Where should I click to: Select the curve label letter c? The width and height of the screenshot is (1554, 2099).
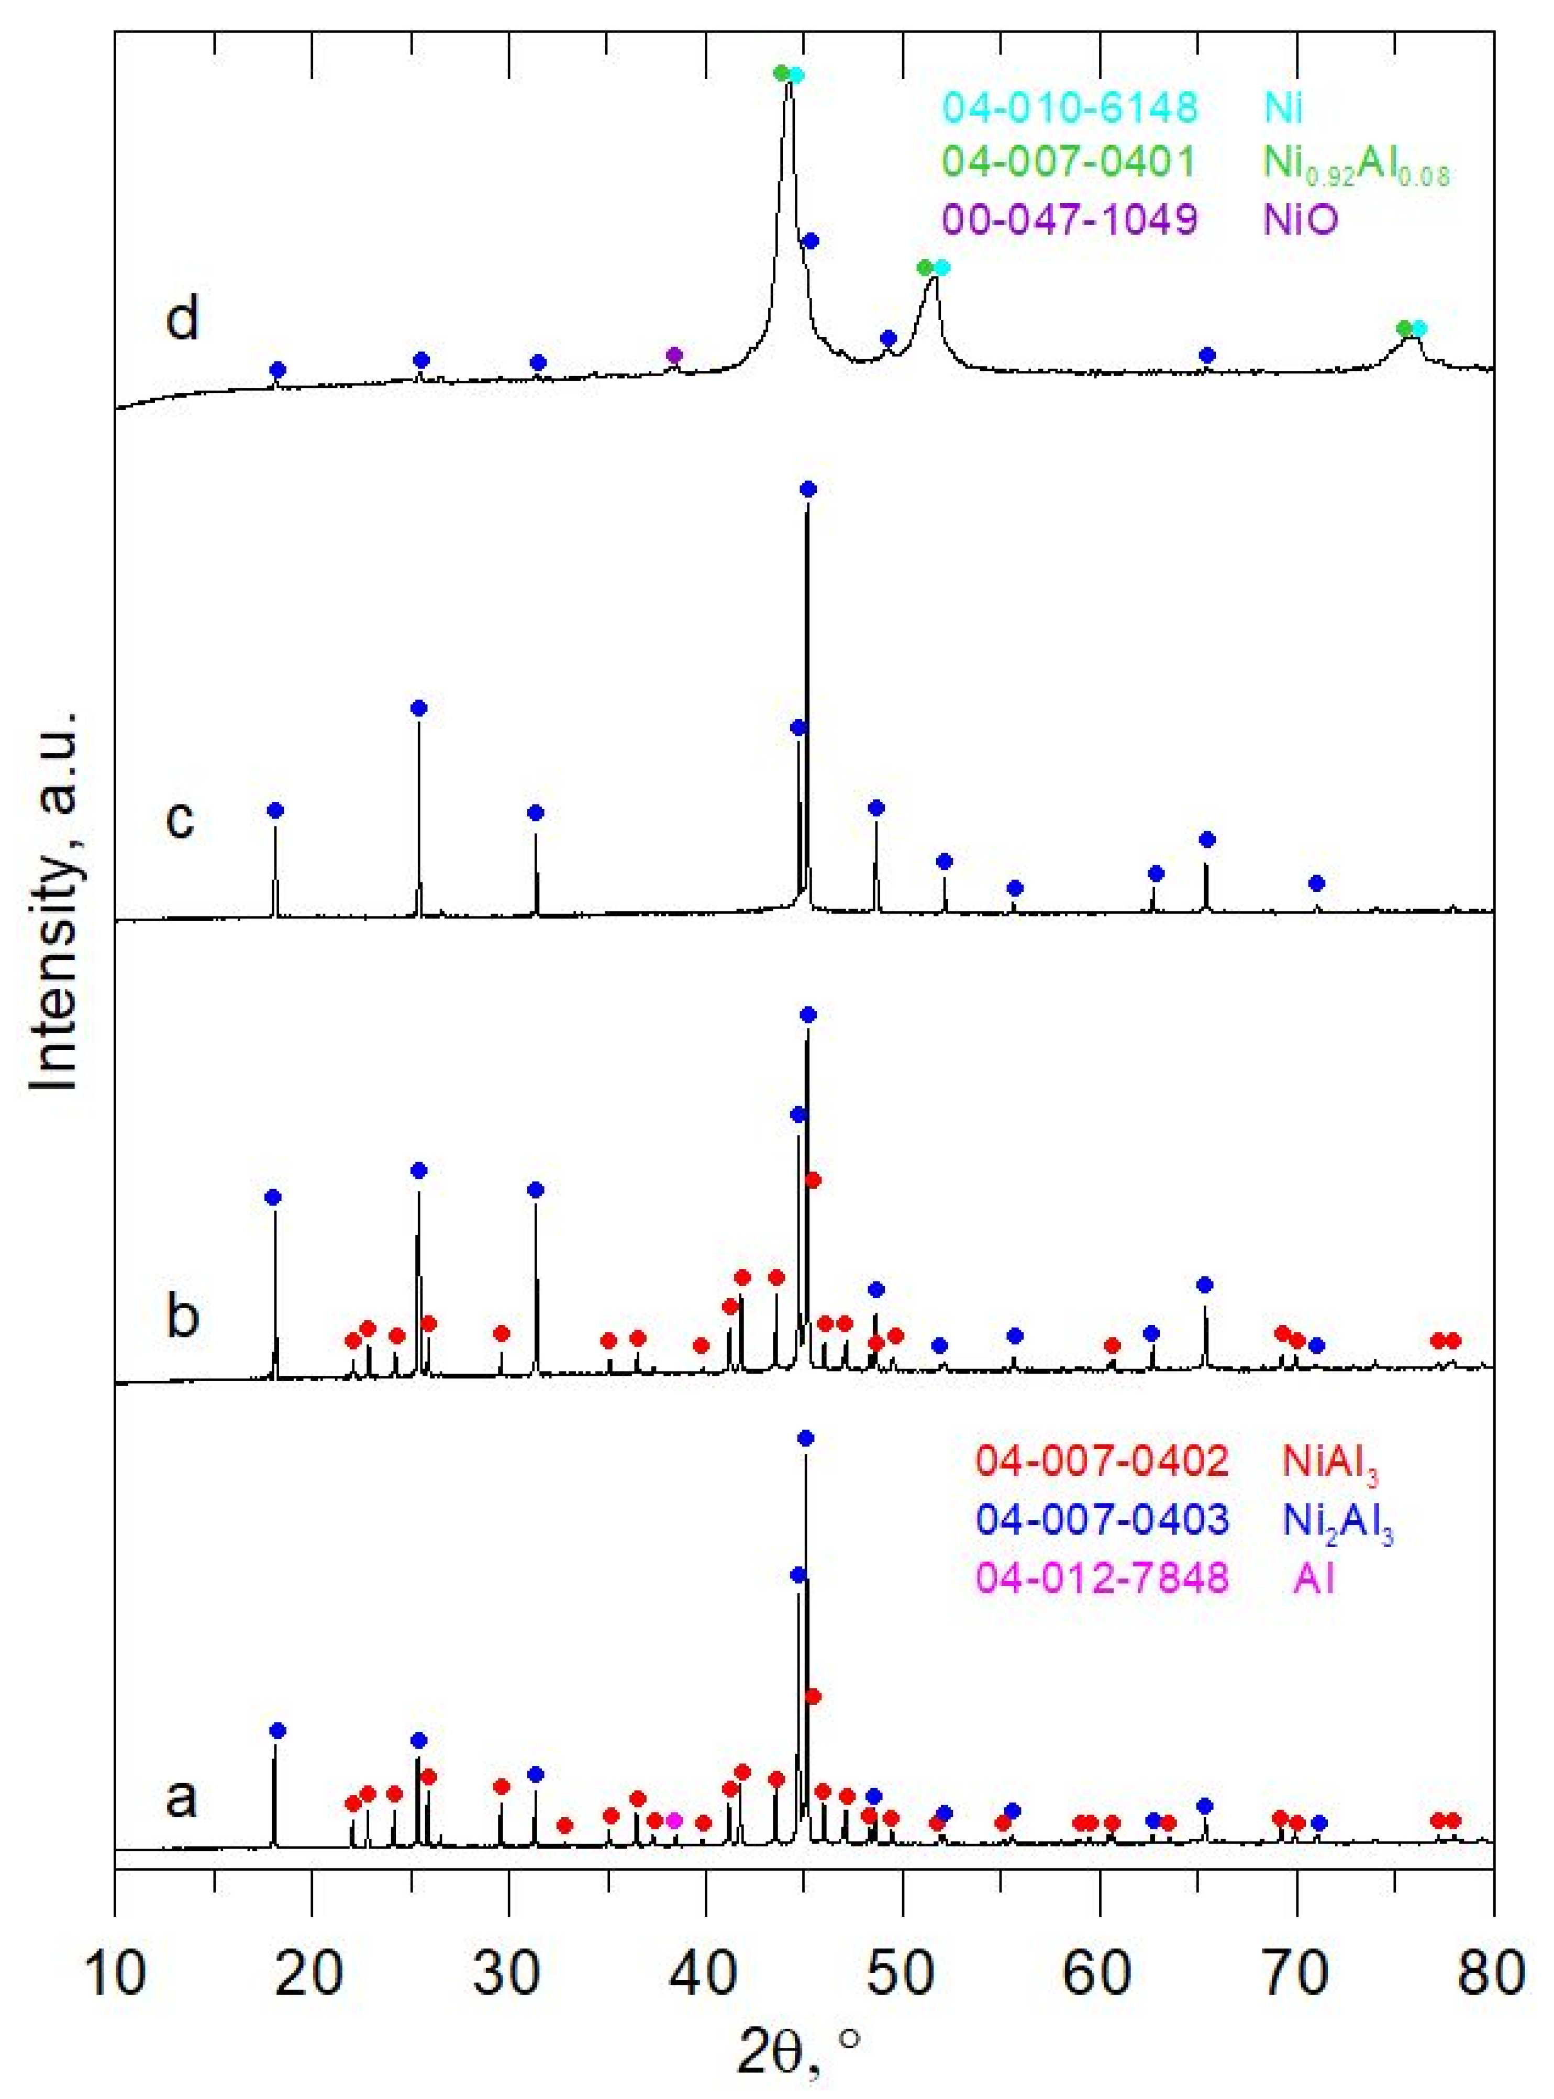point(180,817)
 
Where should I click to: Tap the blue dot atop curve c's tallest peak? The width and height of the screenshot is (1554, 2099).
point(807,488)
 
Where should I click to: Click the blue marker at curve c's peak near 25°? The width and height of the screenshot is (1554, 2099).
point(419,708)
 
